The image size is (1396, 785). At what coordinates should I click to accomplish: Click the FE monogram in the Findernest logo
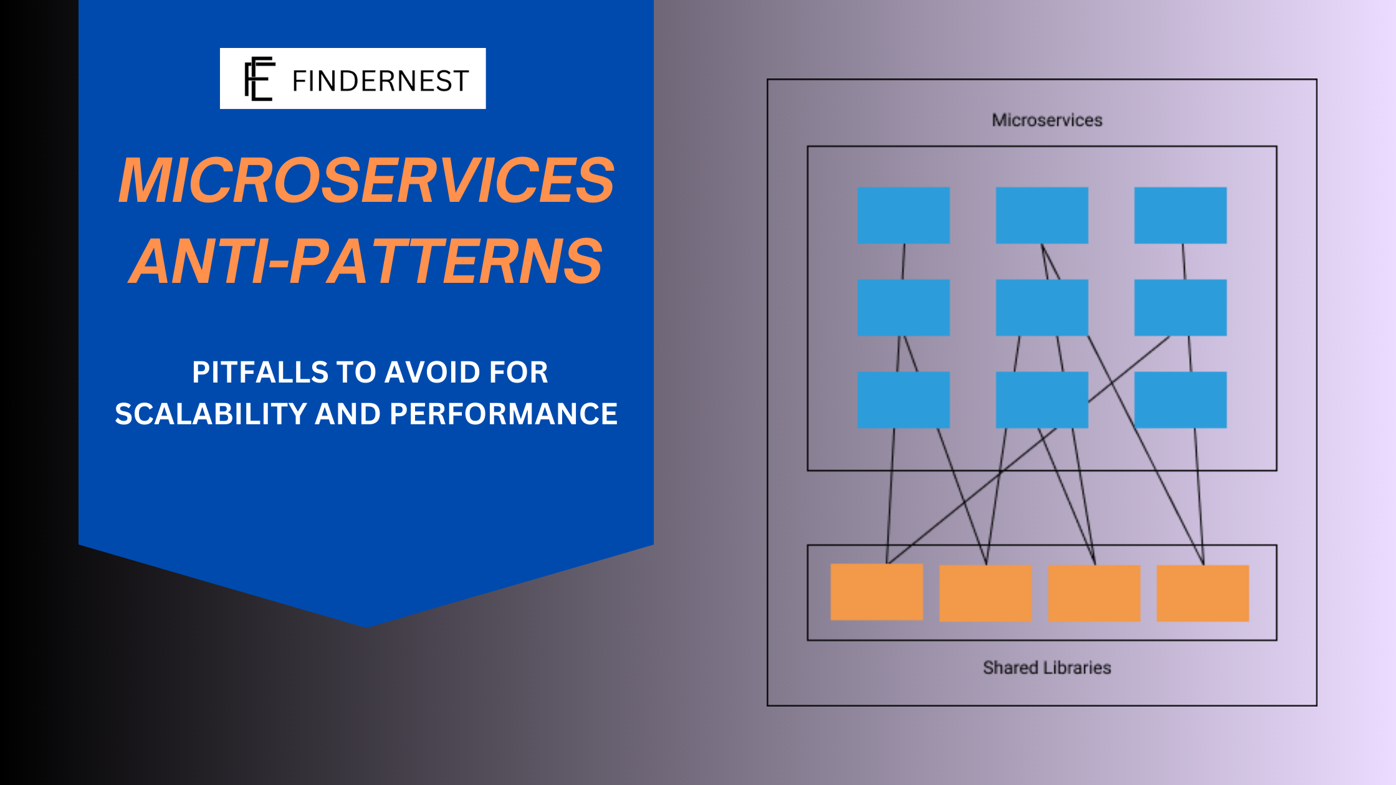(259, 78)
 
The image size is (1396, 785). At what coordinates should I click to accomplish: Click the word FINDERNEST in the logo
(380, 81)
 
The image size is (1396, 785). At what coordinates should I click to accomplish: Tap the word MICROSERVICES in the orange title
(366, 180)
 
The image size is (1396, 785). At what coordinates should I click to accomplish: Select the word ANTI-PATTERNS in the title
(366, 261)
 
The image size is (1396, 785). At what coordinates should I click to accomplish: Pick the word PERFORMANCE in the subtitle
(504, 414)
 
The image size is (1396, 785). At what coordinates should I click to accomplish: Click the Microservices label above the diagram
(1047, 120)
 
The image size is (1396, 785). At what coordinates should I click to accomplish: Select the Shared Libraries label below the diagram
(1047, 668)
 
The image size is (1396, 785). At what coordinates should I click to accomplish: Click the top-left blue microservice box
(904, 216)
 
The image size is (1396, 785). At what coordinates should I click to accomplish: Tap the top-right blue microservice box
(1180, 216)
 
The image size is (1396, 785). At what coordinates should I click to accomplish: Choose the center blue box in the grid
(1042, 308)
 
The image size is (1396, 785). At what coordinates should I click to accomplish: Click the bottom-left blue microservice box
(904, 400)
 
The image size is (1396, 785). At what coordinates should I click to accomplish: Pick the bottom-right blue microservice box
(1180, 400)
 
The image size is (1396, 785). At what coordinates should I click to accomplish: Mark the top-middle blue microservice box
(1042, 216)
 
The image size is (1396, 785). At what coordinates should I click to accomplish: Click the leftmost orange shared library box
(877, 592)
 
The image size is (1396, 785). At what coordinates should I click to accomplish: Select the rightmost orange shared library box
(1203, 593)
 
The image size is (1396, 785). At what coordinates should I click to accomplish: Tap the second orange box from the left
(985, 593)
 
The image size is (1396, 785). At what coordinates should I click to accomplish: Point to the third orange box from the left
(1094, 593)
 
